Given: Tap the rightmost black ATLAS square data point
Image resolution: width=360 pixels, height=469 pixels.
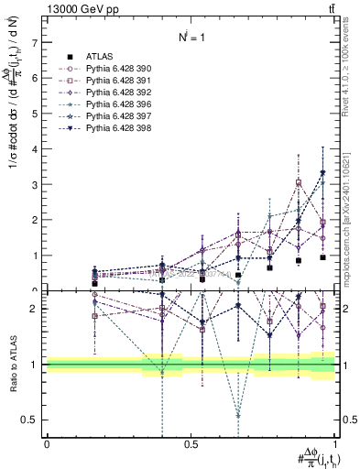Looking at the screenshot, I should coord(322,257).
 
